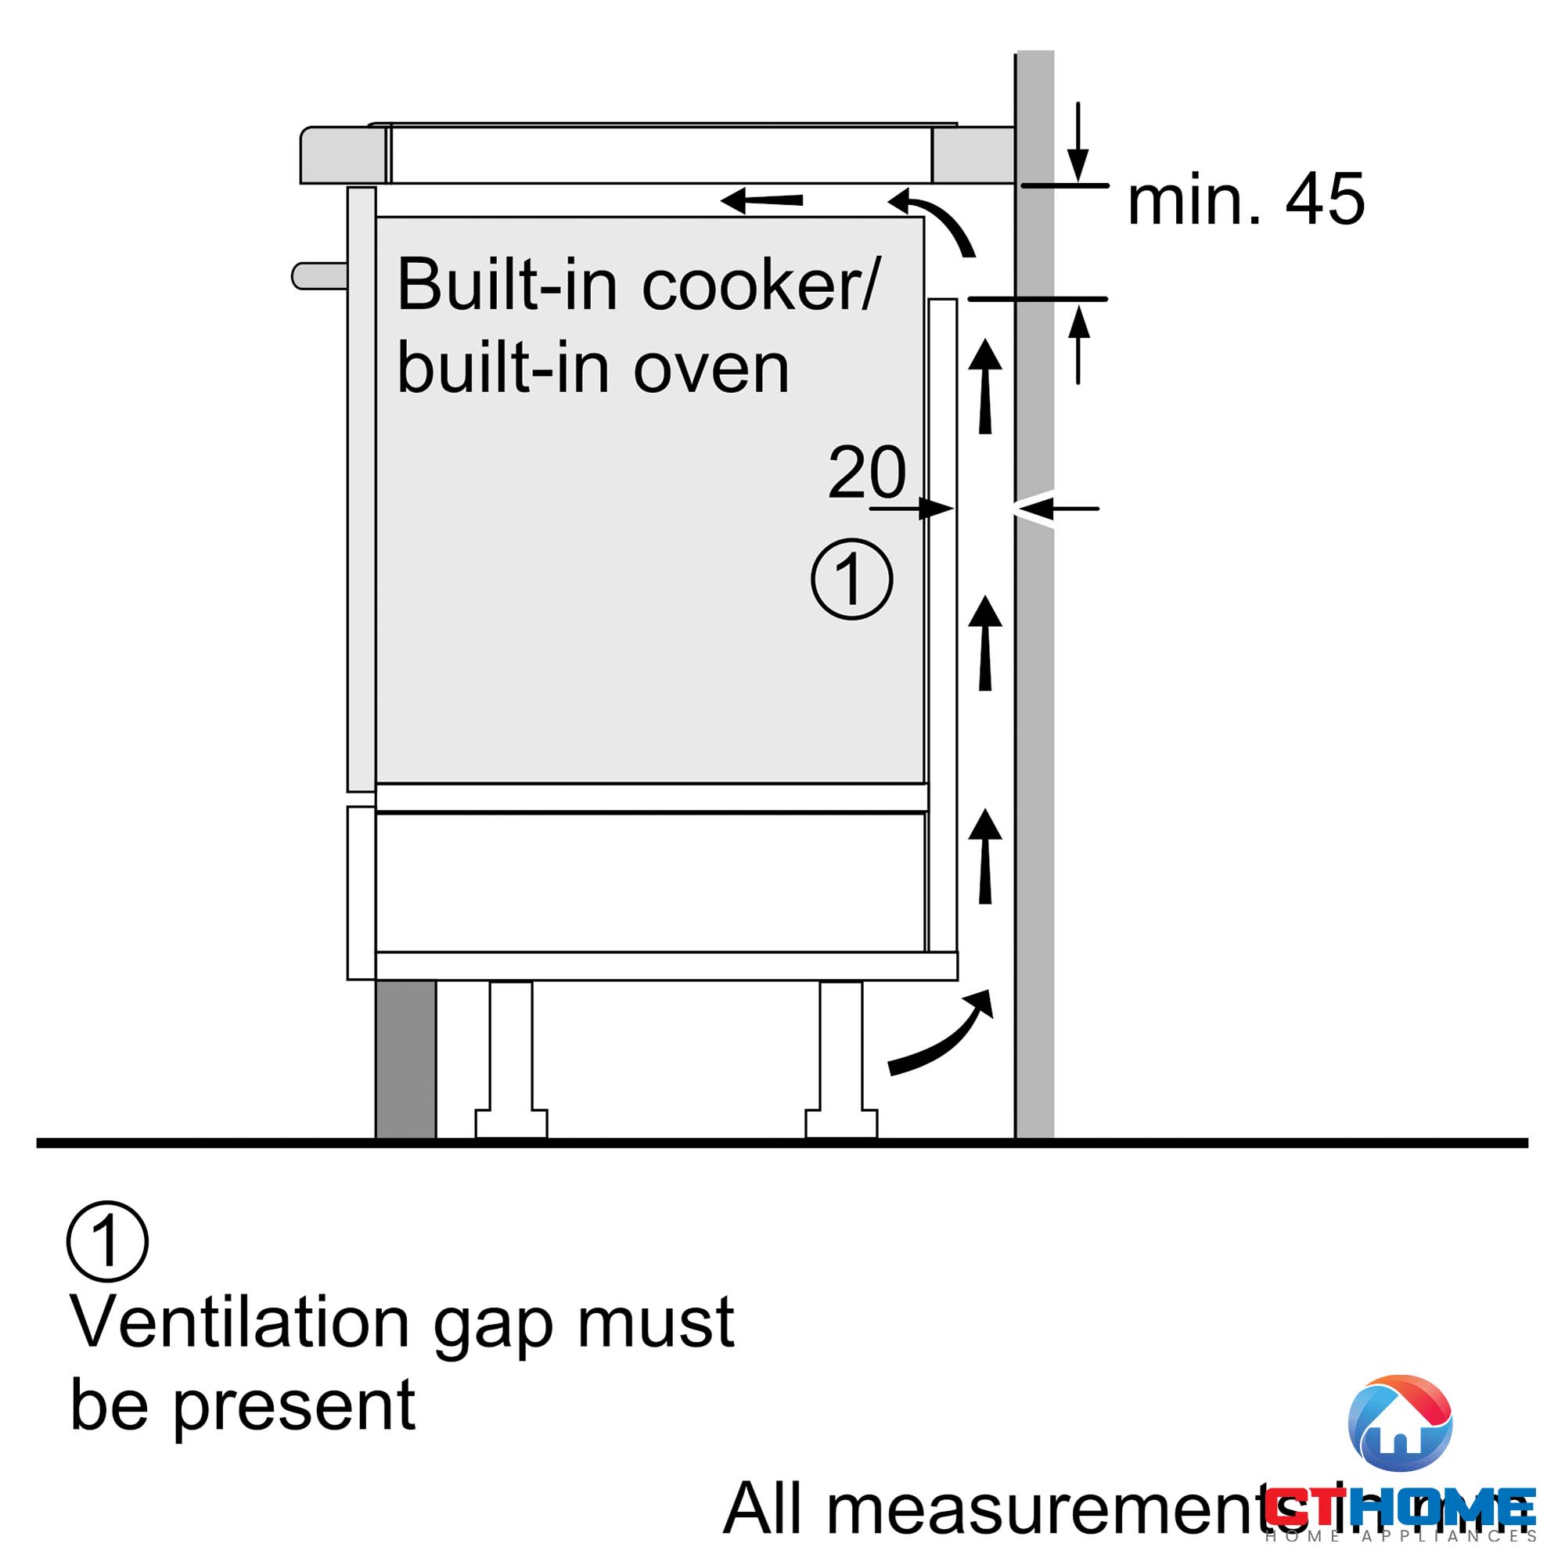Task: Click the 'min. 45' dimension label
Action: click(x=1245, y=200)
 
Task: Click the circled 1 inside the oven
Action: click(x=851, y=579)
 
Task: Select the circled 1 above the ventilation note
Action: click(x=107, y=1241)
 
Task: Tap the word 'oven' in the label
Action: click(x=711, y=369)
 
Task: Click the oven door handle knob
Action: click(x=318, y=275)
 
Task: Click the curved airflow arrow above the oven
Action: click(x=936, y=220)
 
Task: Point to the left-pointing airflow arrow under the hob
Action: click(x=761, y=200)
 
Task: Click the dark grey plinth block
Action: click(x=406, y=1059)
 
